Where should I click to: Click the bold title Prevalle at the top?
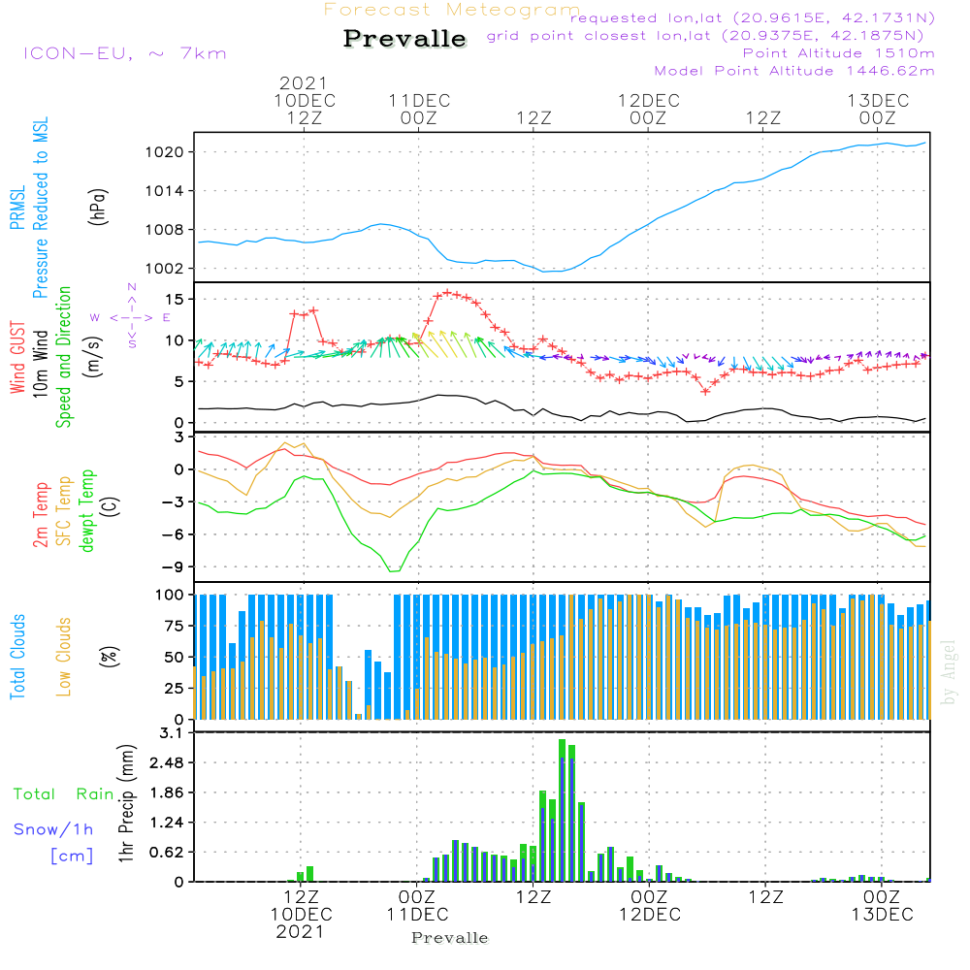click(404, 39)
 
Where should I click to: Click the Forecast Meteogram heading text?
click(452, 10)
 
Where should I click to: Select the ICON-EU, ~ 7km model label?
click(124, 53)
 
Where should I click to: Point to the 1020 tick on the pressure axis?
click(175, 152)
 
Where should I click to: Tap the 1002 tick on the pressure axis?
click(175, 269)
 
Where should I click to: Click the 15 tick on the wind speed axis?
click(178, 299)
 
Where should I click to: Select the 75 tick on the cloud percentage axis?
click(178, 626)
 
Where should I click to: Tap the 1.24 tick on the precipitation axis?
click(170, 823)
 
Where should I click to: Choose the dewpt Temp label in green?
click(88, 511)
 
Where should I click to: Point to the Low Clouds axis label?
click(65, 656)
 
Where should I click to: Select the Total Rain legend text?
click(63, 794)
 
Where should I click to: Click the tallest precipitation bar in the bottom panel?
click(562, 810)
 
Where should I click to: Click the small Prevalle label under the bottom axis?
click(450, 938)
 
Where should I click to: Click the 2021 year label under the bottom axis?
click(300, 932)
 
